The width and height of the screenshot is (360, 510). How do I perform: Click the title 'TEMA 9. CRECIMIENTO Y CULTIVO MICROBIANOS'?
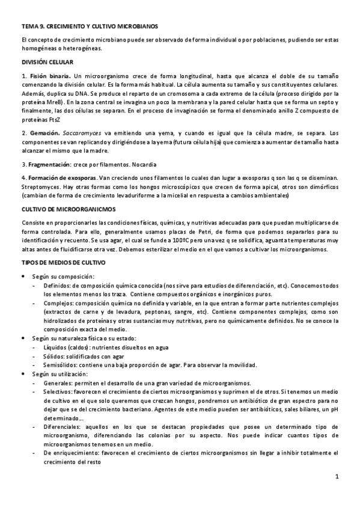pos(89,26)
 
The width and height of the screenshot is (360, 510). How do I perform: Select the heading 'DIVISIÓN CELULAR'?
pos(47,62)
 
